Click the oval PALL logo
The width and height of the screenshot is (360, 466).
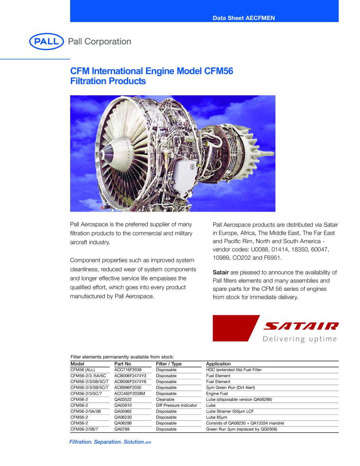click(46, 41)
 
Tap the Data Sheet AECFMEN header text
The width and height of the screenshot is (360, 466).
click(244, 18)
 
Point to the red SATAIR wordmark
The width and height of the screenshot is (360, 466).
click(301, 326)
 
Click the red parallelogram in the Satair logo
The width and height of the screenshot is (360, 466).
click(236, 328)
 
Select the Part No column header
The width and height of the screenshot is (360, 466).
click(123, 364)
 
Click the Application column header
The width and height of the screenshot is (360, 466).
click(218, 364)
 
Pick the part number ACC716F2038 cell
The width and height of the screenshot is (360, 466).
click(128, 370)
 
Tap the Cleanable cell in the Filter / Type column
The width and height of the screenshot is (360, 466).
click(165, 400)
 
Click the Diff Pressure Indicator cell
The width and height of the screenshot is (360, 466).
click(176, 405)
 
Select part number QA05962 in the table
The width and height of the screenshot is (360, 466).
click(123, 411)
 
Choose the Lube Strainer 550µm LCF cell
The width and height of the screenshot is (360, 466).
click(230, 411)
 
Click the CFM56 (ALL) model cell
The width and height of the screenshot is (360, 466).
click(82, 370)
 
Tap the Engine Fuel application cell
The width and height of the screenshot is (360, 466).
click(217, 394)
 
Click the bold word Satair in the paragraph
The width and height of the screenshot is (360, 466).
click(220, 272)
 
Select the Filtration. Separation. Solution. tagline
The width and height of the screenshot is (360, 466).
click(110, 442)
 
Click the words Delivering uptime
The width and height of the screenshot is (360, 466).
click(300, 339)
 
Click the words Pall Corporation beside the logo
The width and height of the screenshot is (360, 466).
click(99, 41)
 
